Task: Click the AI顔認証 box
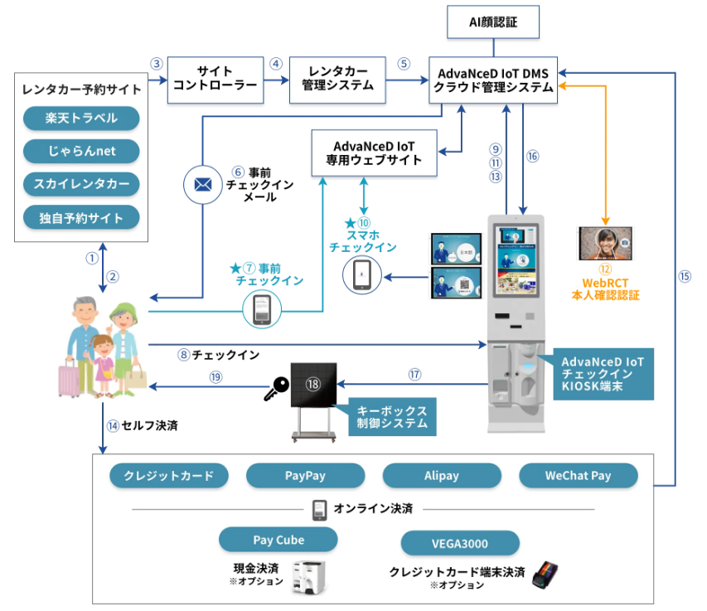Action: [494, 22]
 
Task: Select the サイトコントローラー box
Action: [215, 80]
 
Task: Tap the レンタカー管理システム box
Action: [337, 80]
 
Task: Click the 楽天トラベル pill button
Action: [81, 119]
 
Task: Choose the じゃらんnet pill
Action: [81, 152]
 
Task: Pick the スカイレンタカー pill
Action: [81, 185]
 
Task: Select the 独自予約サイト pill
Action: [81, 218]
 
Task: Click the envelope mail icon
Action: [202, 185]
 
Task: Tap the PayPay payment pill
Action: [305, 476]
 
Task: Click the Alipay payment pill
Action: [442, 476]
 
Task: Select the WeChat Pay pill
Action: [579, 476]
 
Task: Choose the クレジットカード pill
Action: [169, 476]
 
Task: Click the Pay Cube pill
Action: [278, 540]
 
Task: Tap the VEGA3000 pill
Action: [460, 544]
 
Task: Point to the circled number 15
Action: [685, 277]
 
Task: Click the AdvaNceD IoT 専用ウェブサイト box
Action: [374, 153]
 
